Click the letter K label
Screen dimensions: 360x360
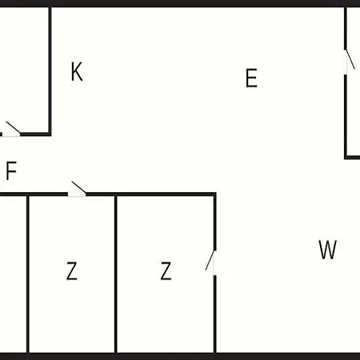[77, 71]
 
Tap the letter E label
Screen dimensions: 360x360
[251, 78]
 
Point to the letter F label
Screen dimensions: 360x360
[11, 170]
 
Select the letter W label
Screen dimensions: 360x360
[328, 250]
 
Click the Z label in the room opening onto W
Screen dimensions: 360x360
[166, 270]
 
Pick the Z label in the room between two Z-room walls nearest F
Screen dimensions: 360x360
[72, 270]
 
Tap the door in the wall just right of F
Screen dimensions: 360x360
[77, 190]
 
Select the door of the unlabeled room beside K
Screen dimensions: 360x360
[11, 130]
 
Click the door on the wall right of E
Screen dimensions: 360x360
[349, 62]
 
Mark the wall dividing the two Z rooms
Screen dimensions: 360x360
[116, 274]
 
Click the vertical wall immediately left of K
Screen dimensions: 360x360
[50, 70]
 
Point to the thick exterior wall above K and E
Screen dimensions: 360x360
[180, 3]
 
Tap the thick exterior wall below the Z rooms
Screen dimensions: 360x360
[180, 356]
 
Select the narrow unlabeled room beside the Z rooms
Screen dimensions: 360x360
[13, 274]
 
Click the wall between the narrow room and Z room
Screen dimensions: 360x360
[28, 274]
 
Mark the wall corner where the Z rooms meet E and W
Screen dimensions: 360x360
[215, 194]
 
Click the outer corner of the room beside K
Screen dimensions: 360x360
[50, 134]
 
